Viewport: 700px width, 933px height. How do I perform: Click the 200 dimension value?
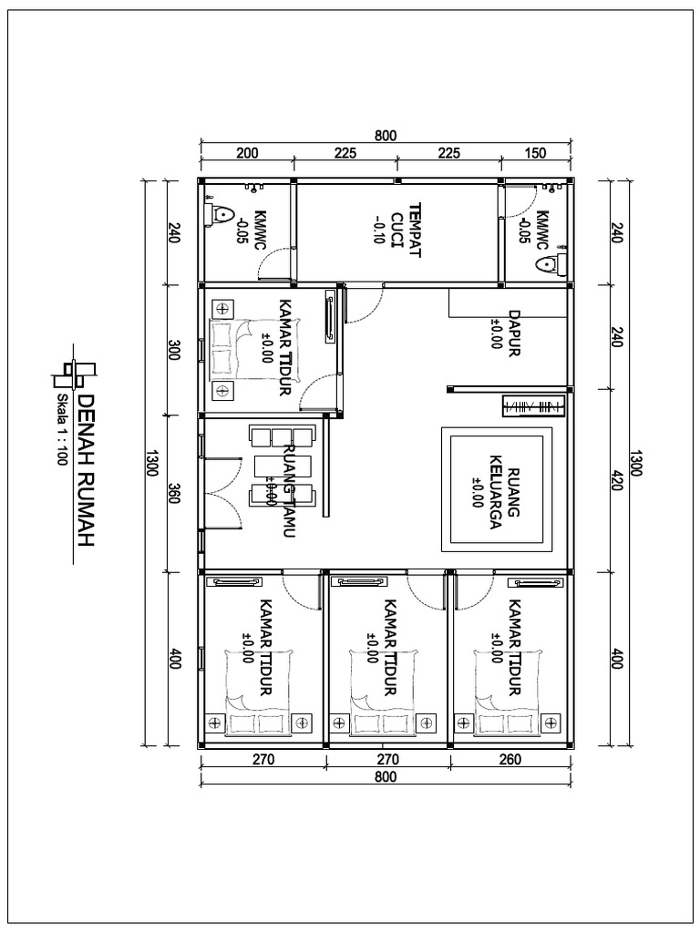coord(247,153)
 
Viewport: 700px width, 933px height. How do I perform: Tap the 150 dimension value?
coord(536,153)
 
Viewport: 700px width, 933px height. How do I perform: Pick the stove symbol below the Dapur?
coord(535,405)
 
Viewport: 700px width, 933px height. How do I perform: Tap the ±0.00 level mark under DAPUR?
coord(496,334)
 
